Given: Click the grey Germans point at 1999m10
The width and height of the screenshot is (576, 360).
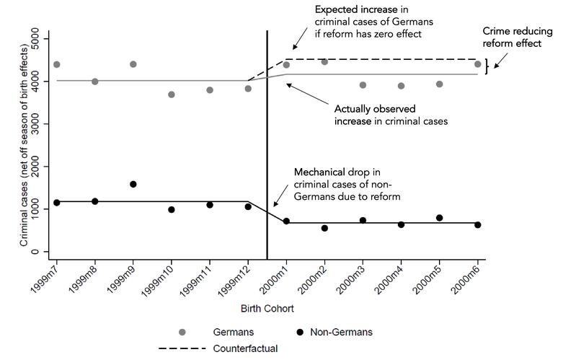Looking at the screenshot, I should click(x=172, y=95).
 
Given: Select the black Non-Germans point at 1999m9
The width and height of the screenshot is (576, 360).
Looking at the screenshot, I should click(x=133, y=184).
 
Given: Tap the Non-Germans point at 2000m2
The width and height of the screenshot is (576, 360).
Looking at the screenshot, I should click(x=324, y=228).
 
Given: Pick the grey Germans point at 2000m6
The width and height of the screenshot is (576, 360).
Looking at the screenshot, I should click(x=477, y=64).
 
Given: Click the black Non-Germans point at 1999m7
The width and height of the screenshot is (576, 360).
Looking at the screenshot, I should click(x=56, y=203).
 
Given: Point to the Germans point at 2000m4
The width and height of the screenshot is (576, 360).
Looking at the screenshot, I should click(x=401, y=86).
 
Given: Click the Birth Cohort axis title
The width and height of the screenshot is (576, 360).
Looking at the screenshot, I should click(x=267, y=308).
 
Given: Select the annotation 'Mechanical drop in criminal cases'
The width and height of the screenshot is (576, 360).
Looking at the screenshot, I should click(x=347, y=185).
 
